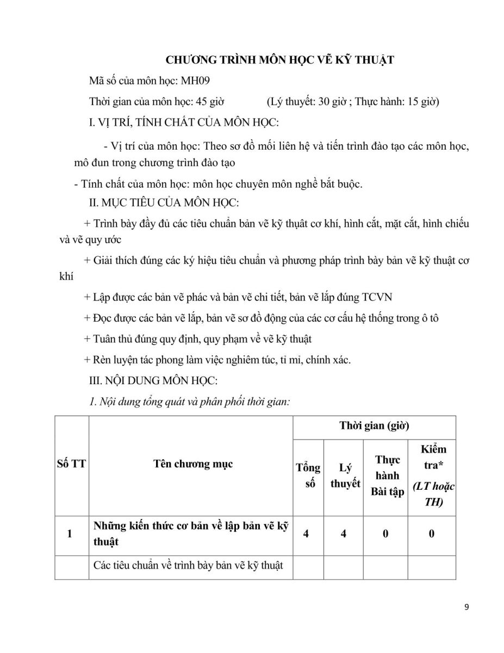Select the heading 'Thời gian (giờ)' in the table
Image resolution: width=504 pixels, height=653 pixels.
tap(374, 426)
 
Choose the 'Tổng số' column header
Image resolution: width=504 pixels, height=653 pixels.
tap(308, 476)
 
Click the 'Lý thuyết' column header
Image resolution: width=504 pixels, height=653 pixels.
tap(345, 476)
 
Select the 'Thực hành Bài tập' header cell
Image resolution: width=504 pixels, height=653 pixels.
tap(387, 476)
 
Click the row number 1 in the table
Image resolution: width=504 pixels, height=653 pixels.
tap(70, 534)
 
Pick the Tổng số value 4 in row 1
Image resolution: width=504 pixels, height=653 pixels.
tap(307, 534)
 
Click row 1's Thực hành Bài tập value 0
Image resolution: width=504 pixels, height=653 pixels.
tap(385, 534)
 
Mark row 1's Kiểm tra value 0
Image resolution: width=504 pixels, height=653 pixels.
tap(432, 534)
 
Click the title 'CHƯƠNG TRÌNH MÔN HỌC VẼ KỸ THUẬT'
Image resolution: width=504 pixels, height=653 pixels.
tap(279, 60)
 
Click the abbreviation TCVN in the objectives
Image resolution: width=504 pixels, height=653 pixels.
tap(376, 298)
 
